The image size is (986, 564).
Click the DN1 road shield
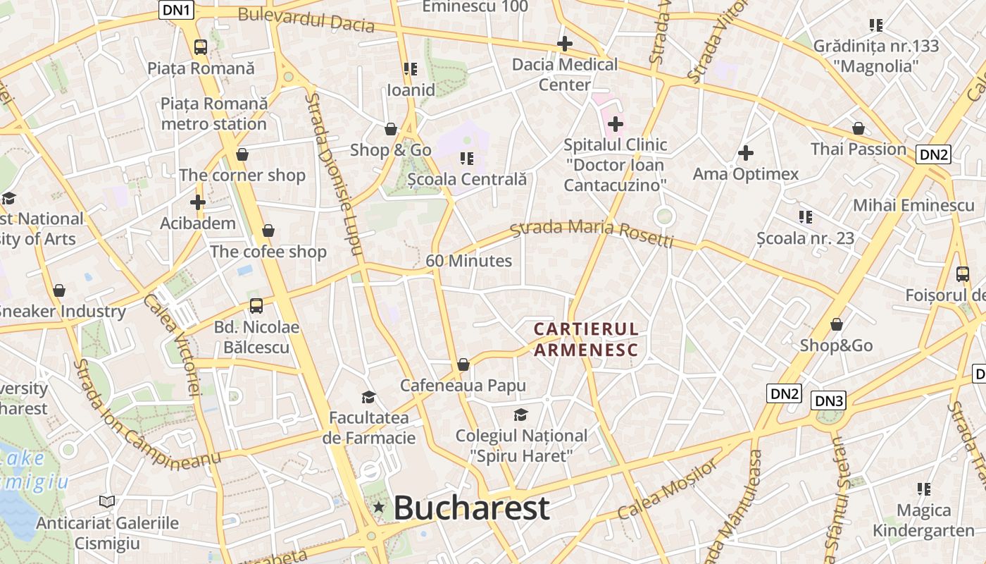177,10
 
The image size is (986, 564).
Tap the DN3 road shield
828,401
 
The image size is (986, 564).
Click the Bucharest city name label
471,508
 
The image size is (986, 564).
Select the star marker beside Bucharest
379,507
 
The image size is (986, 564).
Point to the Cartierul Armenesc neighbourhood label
586,339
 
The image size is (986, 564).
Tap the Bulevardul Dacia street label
306,20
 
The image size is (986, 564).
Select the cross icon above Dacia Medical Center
564,44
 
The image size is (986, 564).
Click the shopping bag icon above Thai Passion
858,128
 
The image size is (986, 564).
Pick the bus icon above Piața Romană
201,47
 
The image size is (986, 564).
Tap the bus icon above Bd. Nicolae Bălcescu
256,306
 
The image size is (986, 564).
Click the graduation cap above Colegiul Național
520,415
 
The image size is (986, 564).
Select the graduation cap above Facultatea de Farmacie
368,397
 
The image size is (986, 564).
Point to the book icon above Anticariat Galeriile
107,501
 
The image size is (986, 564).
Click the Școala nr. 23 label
805,238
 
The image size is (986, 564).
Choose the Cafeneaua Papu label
463,386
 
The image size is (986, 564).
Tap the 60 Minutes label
468,261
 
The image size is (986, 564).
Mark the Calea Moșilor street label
669,488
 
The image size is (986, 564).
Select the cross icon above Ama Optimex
745,152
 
